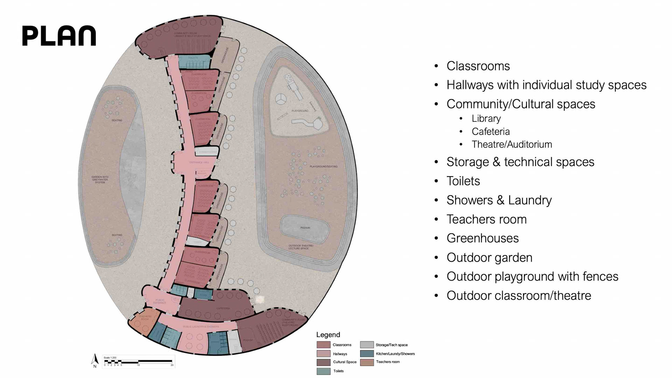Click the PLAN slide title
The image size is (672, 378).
click(x=59, y=35)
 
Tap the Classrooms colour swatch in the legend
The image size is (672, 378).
click(x=323, y=345)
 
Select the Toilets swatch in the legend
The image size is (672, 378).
click(x=323, y=371)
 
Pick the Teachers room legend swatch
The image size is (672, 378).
click(x=367, y=362)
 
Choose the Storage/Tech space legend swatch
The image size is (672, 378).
click(x=367, y=345)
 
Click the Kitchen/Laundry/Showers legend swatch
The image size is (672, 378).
click(x=367, y=353)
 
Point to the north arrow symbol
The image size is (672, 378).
click(x=95, y=360)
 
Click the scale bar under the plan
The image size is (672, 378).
click(x=138, y=361)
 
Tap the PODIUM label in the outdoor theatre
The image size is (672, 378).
click(x=305, y=228)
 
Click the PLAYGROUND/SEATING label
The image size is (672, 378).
click(x=323, y=167)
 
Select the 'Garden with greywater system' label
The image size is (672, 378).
click(x=100, y=180)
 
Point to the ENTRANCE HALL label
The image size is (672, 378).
click(x=199, y=162)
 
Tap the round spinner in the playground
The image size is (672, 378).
click(x=280, y=99)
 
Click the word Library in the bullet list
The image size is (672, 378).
click(x=486, y=119)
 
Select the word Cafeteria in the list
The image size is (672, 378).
click(x=490, y=132)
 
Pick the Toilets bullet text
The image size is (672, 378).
click(x=463, y=181)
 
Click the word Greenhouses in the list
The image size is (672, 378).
click(x=482, y=238)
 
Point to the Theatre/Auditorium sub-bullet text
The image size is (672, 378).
click(x=512, y=145)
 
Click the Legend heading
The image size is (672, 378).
click(x=328, y=335)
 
